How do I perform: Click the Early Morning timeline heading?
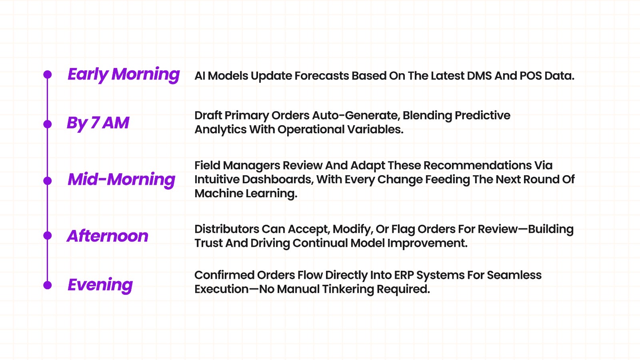(124, 75)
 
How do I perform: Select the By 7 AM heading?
(98, 123)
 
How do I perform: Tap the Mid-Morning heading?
(122, 180)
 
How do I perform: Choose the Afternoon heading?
(108, 236)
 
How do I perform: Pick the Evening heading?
(100, 285)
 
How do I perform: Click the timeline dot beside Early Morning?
(48, 74)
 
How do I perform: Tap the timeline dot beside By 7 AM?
(48, 124)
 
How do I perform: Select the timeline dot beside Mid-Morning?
(48, 181)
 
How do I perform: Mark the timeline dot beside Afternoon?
(48, 236)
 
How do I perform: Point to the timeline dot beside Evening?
(48, 285)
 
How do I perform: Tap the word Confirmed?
(224, 275)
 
